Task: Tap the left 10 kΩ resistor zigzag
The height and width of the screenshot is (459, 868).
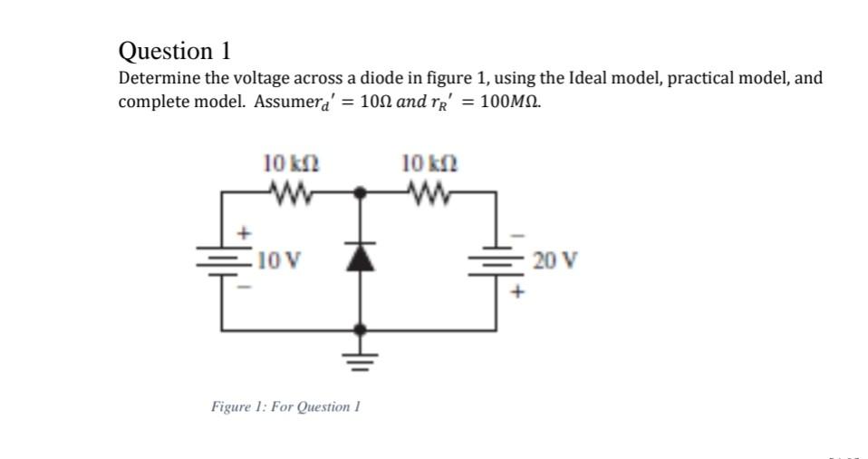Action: pos(291,191)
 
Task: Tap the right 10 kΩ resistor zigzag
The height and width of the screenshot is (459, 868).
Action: pos(429,191)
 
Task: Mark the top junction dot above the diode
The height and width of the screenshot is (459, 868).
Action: pos(362,193)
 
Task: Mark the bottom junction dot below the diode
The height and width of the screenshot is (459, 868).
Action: pos(362,330)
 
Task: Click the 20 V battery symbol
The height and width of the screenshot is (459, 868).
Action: pos(497,261)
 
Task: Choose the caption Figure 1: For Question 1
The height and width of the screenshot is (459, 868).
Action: pos(286,405)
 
